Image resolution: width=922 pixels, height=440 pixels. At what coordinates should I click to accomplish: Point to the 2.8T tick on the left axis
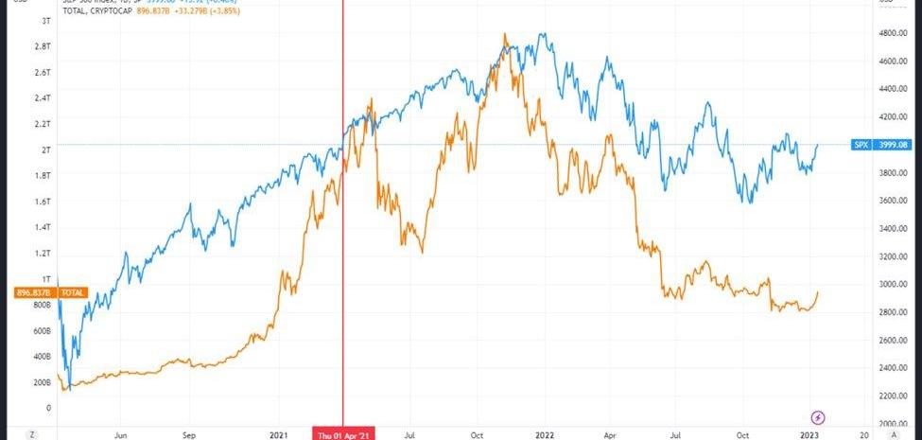pos(43,45)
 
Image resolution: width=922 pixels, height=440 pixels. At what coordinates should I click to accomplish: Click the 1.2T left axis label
pos(43,254)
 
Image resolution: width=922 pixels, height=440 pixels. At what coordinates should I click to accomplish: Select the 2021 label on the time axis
pos(279,433)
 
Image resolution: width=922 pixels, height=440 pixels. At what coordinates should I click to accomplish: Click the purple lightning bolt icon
pos(819,417)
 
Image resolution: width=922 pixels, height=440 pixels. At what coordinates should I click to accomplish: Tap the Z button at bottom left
pos(31,433)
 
